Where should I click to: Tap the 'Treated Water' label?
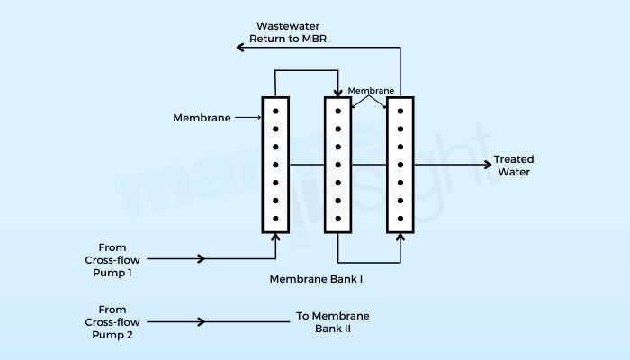point(513,166)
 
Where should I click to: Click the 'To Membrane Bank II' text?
point(332,321)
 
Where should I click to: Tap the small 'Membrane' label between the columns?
point(369,91)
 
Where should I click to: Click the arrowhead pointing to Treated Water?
point(487,166)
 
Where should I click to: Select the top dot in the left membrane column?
point(275,112)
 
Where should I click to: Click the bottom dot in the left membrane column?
point(275,219)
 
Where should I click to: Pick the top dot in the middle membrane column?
point(337,112)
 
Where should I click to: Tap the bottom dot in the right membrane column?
point(400,219)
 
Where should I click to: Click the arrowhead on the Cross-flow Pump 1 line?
point(202,259)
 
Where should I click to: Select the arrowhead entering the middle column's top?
point(337,94)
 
